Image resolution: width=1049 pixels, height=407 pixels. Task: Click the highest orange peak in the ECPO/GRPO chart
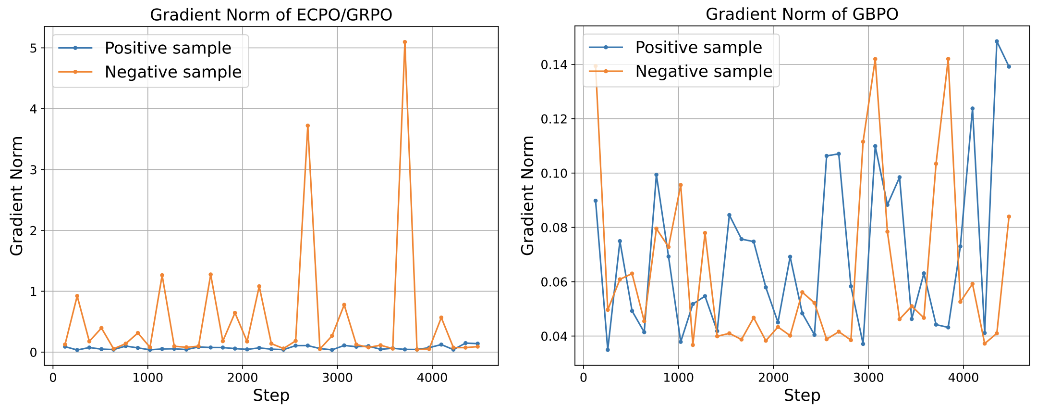405,42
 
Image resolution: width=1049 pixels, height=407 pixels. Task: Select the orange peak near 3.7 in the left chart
308,126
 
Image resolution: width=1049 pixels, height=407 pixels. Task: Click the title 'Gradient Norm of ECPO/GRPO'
271,15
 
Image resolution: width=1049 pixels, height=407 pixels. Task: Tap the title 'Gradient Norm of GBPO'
802,14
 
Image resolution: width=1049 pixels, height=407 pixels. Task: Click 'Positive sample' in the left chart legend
168,48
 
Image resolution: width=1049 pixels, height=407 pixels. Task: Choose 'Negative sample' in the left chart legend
173,72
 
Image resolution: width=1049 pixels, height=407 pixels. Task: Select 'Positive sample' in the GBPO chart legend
698,47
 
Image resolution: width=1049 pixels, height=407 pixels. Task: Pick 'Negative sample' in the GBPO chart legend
704,71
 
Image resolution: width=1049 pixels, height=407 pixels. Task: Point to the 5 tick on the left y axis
34,48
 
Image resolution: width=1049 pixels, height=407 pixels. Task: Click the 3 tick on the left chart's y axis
34,170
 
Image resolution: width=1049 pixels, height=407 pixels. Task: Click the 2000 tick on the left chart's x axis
242,378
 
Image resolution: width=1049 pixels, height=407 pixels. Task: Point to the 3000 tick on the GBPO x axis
868,378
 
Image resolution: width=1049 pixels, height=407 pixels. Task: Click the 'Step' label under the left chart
271,395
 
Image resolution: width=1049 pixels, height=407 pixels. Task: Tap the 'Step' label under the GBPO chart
802,395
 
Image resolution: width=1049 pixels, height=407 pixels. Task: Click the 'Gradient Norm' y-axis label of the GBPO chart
528,195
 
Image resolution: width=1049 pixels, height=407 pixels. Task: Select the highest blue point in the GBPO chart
997,41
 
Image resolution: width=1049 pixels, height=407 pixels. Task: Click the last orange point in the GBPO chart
1009,216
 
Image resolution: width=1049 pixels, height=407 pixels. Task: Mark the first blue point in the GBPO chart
596,201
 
